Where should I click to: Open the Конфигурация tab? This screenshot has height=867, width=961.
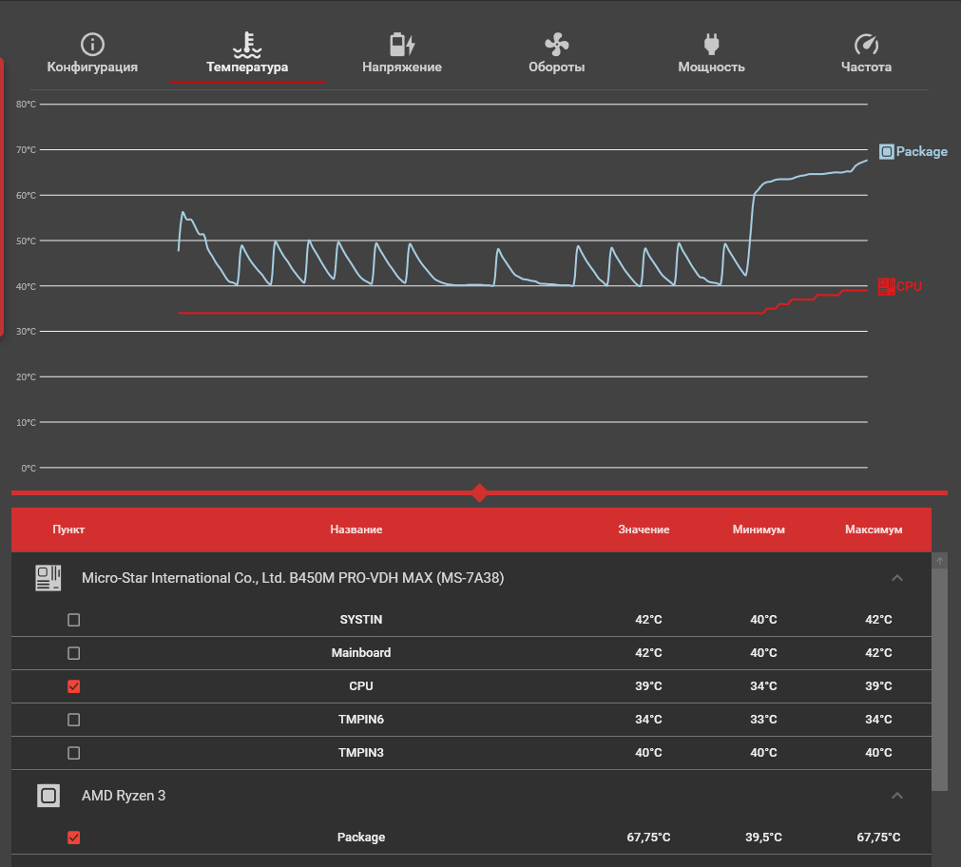[92, 54]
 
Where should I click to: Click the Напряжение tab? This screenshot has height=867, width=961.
[402, 54]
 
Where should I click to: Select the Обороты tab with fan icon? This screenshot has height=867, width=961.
[556, 54]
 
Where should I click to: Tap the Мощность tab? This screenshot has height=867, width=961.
[711, 54]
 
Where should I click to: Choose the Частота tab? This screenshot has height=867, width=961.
[866, 54]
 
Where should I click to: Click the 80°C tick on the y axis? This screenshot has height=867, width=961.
[27, 105]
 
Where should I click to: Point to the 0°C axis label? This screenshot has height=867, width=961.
[29, 469]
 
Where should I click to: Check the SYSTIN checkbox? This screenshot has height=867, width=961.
[74, 620]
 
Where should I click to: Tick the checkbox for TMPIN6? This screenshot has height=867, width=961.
[74, 720]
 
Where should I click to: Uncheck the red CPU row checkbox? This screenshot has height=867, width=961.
[74, 686]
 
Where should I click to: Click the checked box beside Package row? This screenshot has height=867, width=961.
[74, 838]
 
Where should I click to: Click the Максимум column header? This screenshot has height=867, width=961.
[873, 530]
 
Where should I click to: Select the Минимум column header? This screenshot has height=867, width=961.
[759, 530]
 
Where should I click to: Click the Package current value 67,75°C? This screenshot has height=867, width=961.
[648, 838]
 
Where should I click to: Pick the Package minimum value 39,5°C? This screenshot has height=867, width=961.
[763, 838]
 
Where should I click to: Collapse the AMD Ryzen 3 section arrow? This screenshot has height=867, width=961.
[897, 795]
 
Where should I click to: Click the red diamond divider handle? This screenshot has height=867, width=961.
[480, 492]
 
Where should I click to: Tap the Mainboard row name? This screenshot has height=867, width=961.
[361, 653]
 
